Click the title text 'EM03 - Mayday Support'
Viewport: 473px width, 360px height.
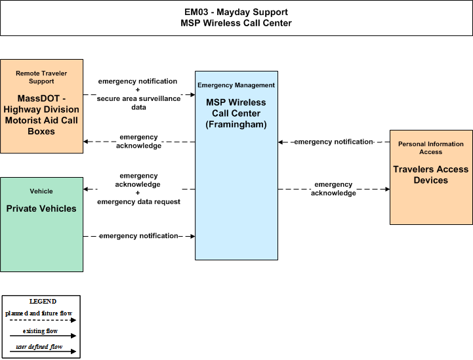pyautogui.click(x=236, y=12)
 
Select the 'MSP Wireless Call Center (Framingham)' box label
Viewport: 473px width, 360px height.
pyautogui.click(x=236, y=113)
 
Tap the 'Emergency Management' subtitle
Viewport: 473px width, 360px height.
pyautogui.click(x=236, y=85)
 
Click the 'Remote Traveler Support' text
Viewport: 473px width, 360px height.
pyautogui.click(x=41, y=77)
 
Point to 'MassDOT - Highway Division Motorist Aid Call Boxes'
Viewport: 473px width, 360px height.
pyautogui.click(x=41, y=115)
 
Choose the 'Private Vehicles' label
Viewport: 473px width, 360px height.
pyautogui.click(x=41, y=209)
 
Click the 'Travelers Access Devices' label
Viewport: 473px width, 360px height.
pyautogui.click(x=431, y=174)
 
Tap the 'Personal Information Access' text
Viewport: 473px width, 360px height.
pyautogui.click(x=431, y=148)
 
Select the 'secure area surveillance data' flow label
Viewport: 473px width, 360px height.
pyautogui.click(x=139, y=103)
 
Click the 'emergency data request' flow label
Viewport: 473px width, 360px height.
pyautogui.click(x=139, y=202)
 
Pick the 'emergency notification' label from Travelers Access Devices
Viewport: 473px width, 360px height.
pyautogui.click(x=334, y=142)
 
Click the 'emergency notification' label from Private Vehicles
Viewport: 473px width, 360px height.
pyautogui.click(x=138, y=236)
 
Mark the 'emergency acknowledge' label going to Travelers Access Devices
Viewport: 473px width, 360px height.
pyautogui.click(x=333, y=188)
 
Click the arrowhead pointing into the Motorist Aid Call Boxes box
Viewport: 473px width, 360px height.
pyautogui.click(x=86, y=142)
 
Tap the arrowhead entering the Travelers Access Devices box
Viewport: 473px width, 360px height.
pyautogui.click(x=387, y=189)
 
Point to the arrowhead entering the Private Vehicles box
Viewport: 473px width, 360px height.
pyautogui.click(x=86, y=189)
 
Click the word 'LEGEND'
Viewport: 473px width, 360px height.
pyautogui.click(x=43, y=302)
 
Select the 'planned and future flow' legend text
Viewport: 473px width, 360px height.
pyautogui.click(x=39, y=313)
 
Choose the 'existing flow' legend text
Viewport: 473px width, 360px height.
pyautogui.click(x=40, y=331)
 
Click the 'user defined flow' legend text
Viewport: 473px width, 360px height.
pyautogui.click(x=39, y=347)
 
